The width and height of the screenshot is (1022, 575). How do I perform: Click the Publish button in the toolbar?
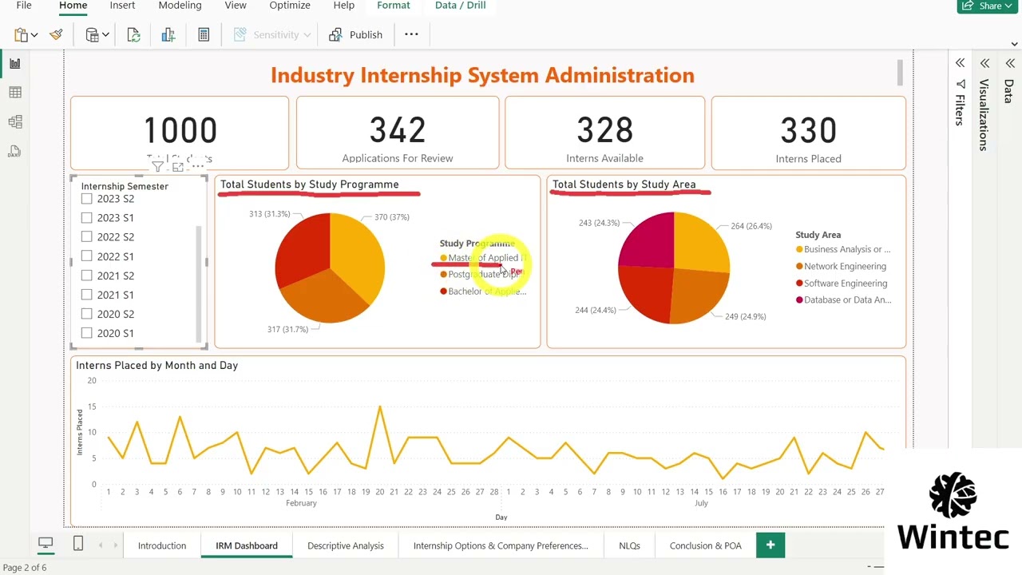tap(356, 34)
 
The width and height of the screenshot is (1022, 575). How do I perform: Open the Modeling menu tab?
tap(180, 6)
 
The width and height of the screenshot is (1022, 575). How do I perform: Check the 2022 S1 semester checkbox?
tap(86, 256)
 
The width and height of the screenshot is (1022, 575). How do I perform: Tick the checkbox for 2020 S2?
tap(86, 314)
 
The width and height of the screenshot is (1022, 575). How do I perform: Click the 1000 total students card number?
tap(180, 130)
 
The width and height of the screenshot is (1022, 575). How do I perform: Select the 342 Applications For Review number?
tap(397, 130)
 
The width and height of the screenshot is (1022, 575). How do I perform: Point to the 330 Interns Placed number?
tap(808, 130)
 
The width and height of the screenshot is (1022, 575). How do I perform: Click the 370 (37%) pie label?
tap(391, 217)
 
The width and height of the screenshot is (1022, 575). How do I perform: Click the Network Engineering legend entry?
tap(845, 266)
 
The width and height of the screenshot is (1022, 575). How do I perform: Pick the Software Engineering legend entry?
tap(845, 283)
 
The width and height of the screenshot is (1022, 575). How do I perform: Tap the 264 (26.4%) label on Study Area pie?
tap(751, 226)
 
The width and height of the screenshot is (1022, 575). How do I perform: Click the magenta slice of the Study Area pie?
tap(648, 238)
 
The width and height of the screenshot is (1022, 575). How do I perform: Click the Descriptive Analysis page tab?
tap(345, 545)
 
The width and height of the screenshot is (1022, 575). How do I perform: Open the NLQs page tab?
tap(629, 545)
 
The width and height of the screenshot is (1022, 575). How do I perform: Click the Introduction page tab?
tap(162, 545)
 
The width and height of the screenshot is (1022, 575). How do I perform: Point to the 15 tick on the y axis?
tap(92, 406)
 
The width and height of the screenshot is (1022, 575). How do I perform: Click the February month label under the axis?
tap(301, 503)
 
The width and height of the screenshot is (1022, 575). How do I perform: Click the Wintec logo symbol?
tap(953, 495)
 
